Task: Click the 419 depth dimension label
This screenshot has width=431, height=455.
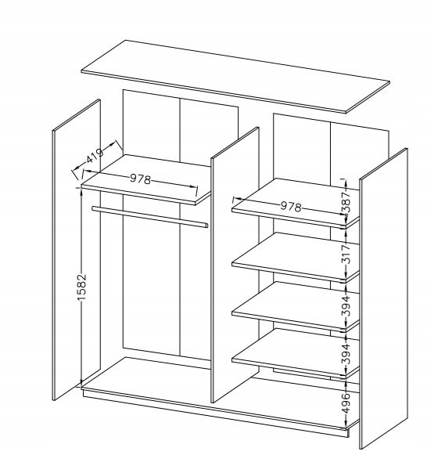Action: tap(95, 157)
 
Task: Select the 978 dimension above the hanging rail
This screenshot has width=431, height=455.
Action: tap(140, 179)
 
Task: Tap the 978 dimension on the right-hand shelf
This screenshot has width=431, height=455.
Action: tap(291, 206)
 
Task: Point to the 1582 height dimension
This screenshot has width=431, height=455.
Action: tap(81, 287)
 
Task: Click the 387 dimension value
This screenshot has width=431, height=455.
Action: tap(346, 202)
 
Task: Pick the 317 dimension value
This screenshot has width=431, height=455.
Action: tap(346, 254)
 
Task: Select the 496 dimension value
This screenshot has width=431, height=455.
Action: tap(346, 403)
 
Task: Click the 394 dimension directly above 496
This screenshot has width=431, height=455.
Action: tap(346, 353)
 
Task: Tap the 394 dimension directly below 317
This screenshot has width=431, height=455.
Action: tap(346, 306)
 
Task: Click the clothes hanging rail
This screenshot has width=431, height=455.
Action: tap(150, 217)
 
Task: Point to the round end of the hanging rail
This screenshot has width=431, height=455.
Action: tap(206, 226)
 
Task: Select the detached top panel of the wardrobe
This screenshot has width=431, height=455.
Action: tap(235, 76)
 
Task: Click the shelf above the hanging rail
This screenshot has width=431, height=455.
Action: tap(146, 179)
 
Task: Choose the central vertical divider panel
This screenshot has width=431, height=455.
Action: tap(235, 265)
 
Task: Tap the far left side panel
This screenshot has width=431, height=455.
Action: tap(77, 250)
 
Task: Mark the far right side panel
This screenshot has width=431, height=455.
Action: tap(383, 299)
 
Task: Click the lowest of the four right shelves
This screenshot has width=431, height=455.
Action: tap(296, 353)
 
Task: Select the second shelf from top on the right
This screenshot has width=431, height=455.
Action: tap(296, 258)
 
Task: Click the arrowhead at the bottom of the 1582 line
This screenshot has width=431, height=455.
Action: tap(81, 383)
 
